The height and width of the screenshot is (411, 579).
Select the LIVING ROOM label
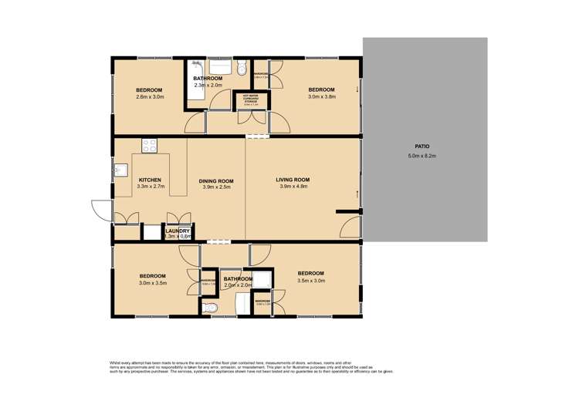pos(292,180)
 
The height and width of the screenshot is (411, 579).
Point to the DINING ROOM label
pos(216,181)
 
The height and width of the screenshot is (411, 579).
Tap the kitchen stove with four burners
pos(149,145)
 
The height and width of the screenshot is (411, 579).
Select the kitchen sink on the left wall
pos(120,170)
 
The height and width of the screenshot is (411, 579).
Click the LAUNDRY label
pos(177,230)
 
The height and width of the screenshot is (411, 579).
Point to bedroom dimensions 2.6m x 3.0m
pos(151,97)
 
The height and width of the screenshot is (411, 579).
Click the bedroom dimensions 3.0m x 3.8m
pos(323,97)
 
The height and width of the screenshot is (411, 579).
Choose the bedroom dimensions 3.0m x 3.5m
pos(153,283)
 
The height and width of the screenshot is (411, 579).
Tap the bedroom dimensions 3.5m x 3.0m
pos(310,281)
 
